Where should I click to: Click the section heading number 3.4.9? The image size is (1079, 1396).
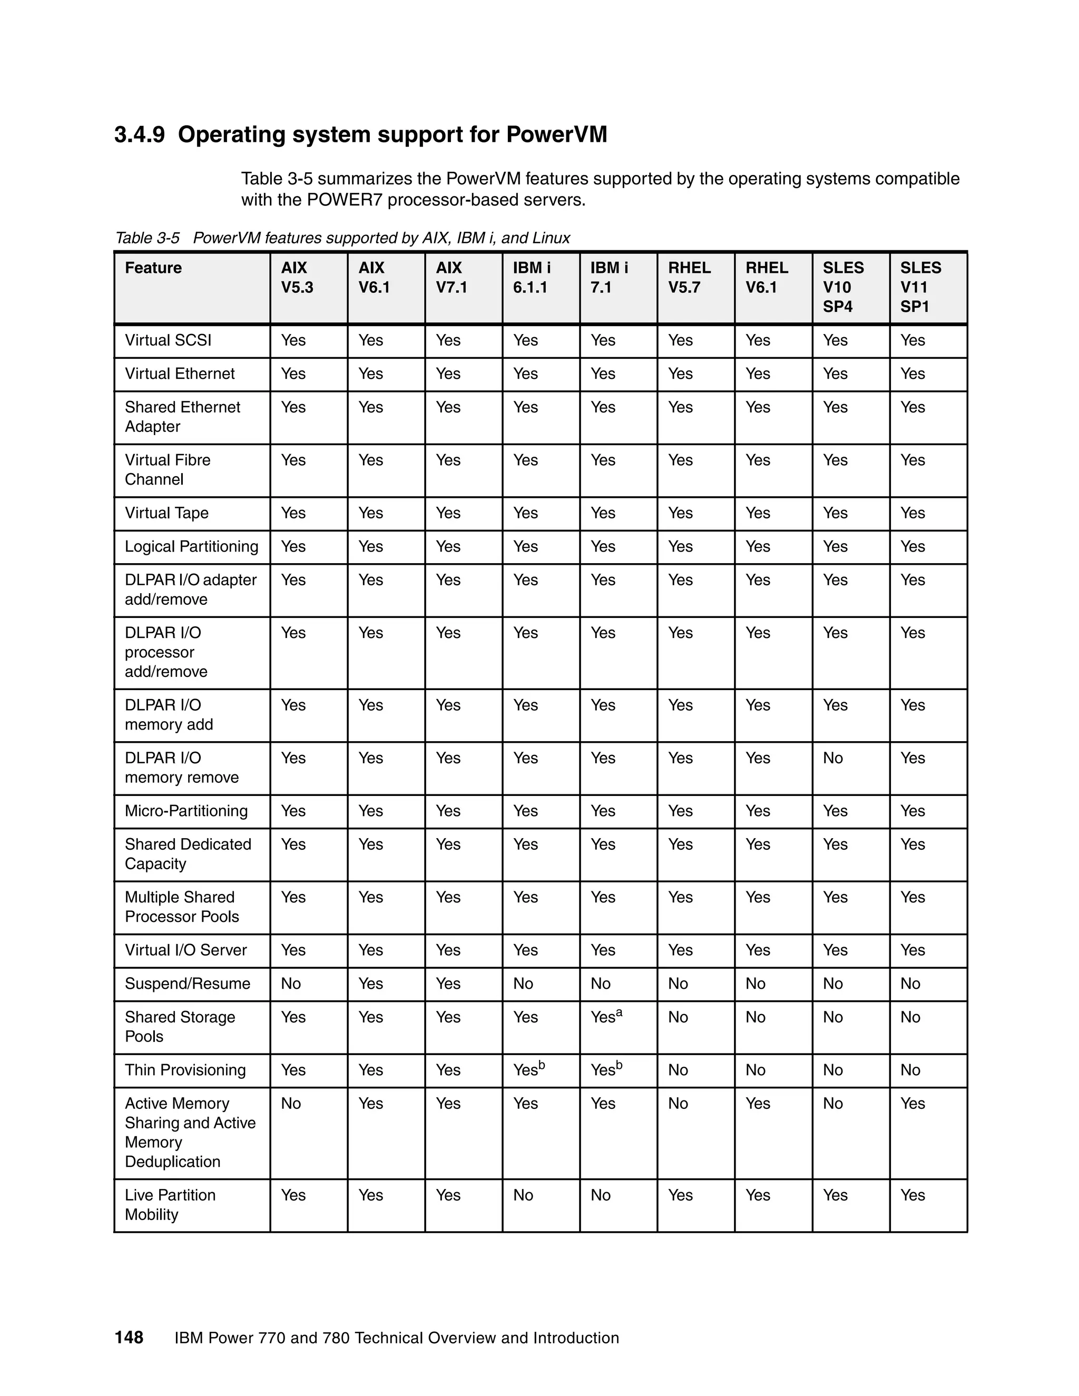pyautogui.click(x=139, y=135)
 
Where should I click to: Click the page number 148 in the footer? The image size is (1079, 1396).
pyautogui.click(x=129, y=1337)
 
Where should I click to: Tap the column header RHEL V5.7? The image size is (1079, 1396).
pyautogui.click(x=689, y=278)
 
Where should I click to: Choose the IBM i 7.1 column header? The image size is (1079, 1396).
pyautogui.click(x=609, y=278)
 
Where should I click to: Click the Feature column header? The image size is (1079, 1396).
pyautogui.click(x=153, y=268)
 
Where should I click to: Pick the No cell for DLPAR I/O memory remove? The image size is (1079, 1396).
pyautogui.click(x=832, y=758)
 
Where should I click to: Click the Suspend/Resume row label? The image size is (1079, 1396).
pyautogui.click(x=187, y=984)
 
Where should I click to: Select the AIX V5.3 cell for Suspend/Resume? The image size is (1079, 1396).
pyautogui.click(x=291, y=984)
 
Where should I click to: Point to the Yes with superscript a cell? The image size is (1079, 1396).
pyautogui.click(x=606, y=1016)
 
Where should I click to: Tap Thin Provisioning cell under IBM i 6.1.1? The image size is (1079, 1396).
pyautogui.click(x=528, y=1069)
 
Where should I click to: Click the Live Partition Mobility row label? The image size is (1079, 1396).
pyautogui.click(x=170, y=1205)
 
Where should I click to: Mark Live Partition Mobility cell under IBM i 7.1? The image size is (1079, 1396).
pyautogui.click(x=600, y=1195)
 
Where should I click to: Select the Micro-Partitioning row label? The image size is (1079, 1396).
pyautogui.click(x=186, y=811)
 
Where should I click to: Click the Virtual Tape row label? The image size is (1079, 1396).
pyautogui.click(x=166, y=513)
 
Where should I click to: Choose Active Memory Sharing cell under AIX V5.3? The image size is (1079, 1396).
pyautogui.click(x=291, y=1104)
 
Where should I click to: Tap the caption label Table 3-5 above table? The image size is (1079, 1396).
pyautogui.click(x=147, y=239)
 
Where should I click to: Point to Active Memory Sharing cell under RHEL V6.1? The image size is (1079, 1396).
pyautogui.click(x=758, y=1104)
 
